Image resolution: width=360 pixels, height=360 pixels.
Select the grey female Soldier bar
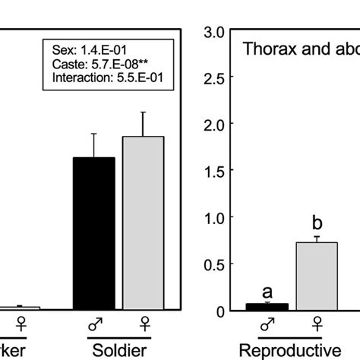click(x=143, y=223)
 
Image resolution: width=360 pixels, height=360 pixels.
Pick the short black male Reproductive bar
click(x=267, y=307)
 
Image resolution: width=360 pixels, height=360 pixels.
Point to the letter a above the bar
click(x=267, y=291)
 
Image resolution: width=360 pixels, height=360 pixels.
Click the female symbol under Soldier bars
click(x=143, y=325)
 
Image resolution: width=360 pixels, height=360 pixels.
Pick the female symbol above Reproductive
click(x=316, y=325)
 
